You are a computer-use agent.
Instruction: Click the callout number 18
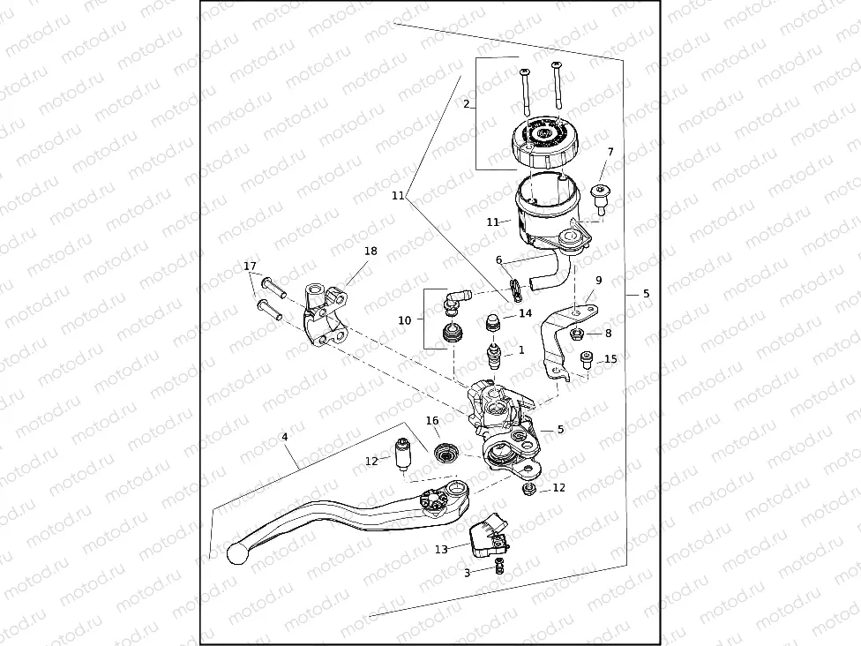click(371, 251)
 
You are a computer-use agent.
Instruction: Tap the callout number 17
click(250, 267)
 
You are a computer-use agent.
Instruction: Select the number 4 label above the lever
click(284, 437)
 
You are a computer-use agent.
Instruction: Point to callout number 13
click(441, 549)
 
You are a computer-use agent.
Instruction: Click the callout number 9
click(598, 280)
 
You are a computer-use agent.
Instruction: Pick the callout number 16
click(432, 421)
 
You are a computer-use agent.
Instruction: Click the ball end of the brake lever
click(236, 553)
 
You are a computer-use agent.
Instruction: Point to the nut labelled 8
click(576, 333)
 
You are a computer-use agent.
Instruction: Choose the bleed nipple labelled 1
click(495, 356)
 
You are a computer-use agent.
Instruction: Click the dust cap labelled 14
click(494, 322)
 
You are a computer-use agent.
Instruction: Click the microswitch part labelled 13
click(488, 536)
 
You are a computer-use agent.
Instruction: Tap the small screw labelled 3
click(499, 566)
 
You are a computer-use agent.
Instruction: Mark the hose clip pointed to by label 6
click(515, 290)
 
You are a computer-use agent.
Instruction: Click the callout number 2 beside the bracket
click(466, 104)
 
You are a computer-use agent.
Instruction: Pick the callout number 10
click(405, 320)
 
